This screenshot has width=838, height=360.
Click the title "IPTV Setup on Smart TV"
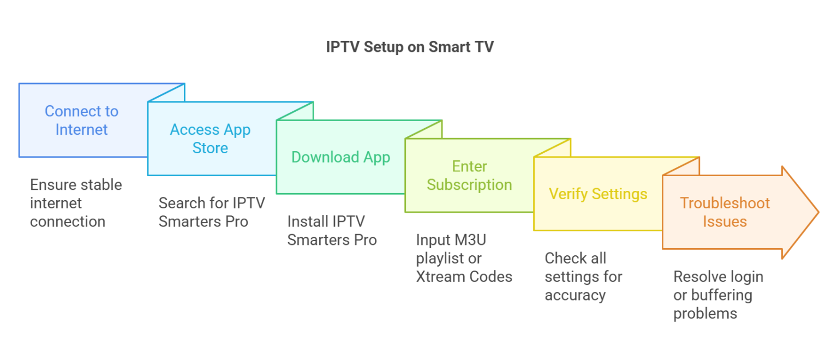410,47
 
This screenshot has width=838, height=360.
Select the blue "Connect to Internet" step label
81,120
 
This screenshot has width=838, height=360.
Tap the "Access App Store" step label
210,139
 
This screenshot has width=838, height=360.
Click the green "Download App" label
340,157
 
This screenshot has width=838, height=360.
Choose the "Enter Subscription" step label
469,176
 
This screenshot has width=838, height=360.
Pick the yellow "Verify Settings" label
598,194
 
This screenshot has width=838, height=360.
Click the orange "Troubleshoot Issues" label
725,212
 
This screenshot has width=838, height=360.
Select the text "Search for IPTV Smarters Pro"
212,212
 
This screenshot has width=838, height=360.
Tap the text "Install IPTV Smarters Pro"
332,230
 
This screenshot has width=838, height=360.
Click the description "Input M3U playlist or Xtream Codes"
464,258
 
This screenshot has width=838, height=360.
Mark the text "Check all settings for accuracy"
583,277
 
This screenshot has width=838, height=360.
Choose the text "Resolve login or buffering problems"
718,295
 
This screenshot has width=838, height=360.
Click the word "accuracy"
575,295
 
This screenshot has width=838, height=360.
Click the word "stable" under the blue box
100,185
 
